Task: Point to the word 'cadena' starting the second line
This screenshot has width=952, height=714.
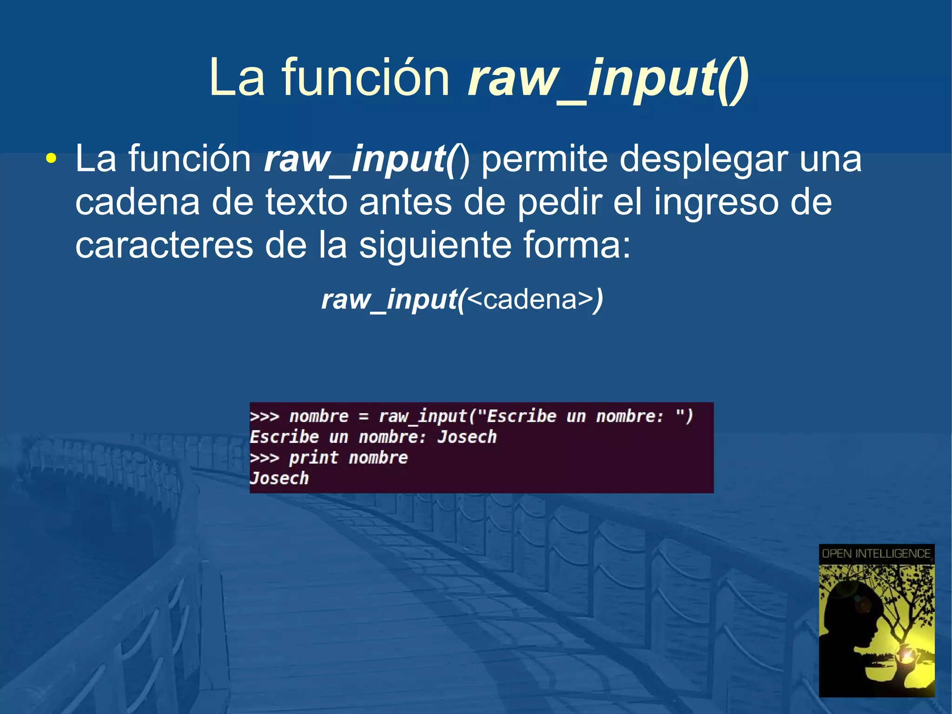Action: [137, 202]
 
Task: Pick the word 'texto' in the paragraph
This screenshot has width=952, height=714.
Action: [306, 202]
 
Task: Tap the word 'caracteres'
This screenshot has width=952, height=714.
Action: [164, 246]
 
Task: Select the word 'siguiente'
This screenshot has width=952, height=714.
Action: [435, 246]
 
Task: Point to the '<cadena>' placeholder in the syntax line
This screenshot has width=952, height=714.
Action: [530, 299]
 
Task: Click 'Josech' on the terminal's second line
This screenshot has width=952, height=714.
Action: [467, 437]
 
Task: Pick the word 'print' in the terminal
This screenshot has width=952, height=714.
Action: [313, 458]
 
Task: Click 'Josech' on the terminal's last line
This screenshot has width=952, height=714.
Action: [279, 479]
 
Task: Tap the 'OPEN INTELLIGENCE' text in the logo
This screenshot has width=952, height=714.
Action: [876, 554]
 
